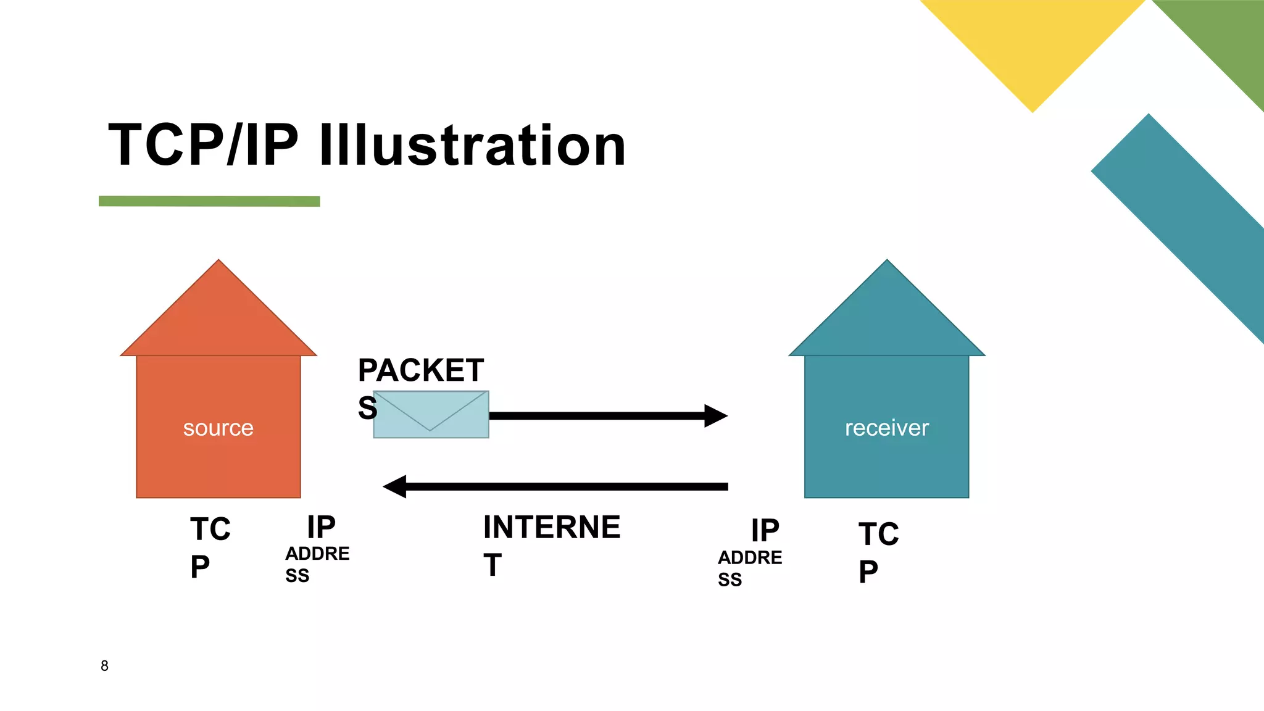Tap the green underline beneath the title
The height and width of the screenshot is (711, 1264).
point(209,201)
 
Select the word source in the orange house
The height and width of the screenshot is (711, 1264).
point(218,428)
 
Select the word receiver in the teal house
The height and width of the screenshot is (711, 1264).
point(886,428)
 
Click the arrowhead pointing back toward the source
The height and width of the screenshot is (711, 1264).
point(396,486)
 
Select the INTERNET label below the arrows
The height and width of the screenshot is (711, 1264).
point(551,528)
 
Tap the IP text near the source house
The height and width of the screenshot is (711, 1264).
point(321,528)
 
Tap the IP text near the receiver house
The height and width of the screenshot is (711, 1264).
point(765,531)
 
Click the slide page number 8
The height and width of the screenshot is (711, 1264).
point(104,666)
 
